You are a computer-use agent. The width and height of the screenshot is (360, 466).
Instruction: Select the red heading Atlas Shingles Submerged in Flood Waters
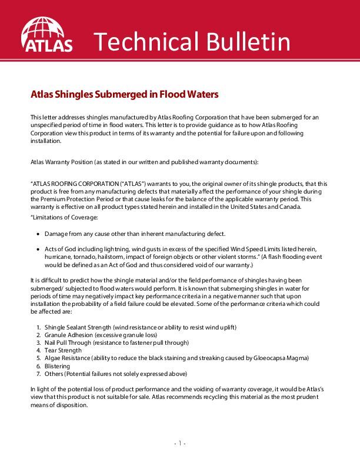[124, 94]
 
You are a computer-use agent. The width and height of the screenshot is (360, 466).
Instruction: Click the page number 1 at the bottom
[180, 443]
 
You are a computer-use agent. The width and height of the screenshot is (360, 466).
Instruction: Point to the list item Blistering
[58, 365]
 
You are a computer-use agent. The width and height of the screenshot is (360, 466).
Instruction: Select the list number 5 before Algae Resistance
[38, 358]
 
